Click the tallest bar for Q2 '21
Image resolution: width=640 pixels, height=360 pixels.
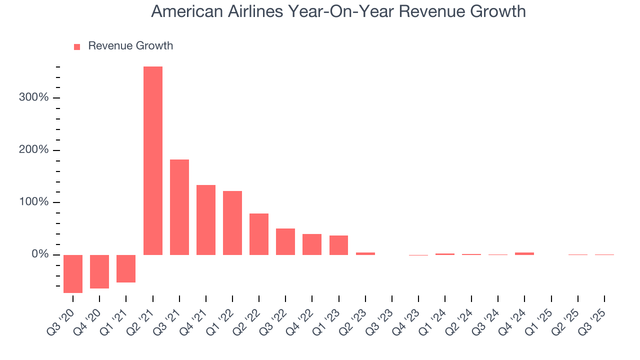[152, 160]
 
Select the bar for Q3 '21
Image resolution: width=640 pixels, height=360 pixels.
[179, 207]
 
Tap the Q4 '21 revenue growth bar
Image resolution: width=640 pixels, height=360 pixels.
[205, 220]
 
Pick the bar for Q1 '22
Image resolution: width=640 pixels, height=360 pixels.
[232, 223]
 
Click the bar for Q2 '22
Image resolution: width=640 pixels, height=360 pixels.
[259, 234]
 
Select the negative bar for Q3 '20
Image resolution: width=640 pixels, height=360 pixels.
[73, 273]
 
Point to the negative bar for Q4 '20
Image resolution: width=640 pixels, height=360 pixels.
[99, 271]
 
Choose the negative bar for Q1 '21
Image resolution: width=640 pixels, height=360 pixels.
[126, 268]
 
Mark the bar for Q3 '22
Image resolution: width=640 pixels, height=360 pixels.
[285, 241]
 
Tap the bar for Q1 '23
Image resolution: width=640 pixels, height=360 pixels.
[338, 245]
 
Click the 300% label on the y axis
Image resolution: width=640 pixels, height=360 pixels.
[34, 97]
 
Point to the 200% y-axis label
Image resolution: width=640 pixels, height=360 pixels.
[34, 150]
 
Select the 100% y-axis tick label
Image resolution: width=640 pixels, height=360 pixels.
[34, 202]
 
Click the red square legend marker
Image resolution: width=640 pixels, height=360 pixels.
[77, 46]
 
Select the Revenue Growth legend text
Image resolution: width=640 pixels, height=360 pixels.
[130, 46]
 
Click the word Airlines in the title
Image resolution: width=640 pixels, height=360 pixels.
[254, 11]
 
